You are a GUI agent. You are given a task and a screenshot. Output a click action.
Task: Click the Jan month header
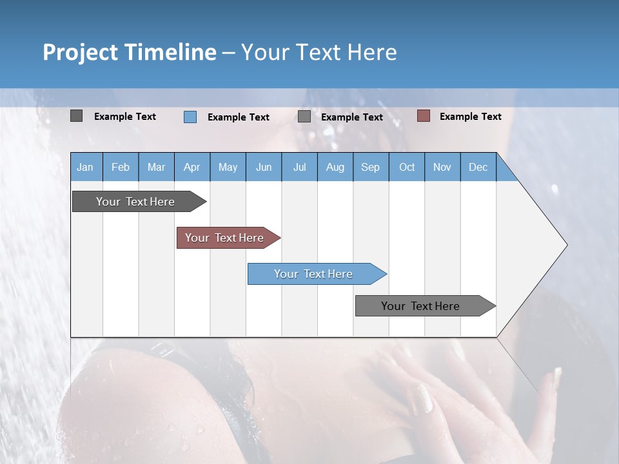coord(85,167)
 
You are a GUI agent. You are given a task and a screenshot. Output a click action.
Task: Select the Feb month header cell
coord(121,167)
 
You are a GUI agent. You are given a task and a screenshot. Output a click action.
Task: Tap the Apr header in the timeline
coord(192,167)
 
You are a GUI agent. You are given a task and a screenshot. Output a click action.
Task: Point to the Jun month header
coord(264,167)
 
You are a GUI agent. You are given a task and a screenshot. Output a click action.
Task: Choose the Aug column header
coord(335,167)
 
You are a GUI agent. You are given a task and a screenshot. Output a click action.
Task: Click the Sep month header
coord(370,167)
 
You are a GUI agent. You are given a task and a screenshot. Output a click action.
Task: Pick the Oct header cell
coord(407,167)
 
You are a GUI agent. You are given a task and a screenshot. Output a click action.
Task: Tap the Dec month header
coord(478,167)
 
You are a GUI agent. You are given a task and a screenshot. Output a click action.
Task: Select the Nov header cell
coord(442,167)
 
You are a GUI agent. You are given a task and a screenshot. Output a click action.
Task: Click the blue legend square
coord(190,117)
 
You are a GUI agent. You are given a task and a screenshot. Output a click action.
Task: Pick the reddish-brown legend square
coord(423,116)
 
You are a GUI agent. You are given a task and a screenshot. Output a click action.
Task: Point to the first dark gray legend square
coord(76,116)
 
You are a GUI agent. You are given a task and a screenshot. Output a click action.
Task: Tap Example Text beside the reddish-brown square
coord(470,117)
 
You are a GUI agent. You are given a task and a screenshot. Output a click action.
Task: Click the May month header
coord(228,167)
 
